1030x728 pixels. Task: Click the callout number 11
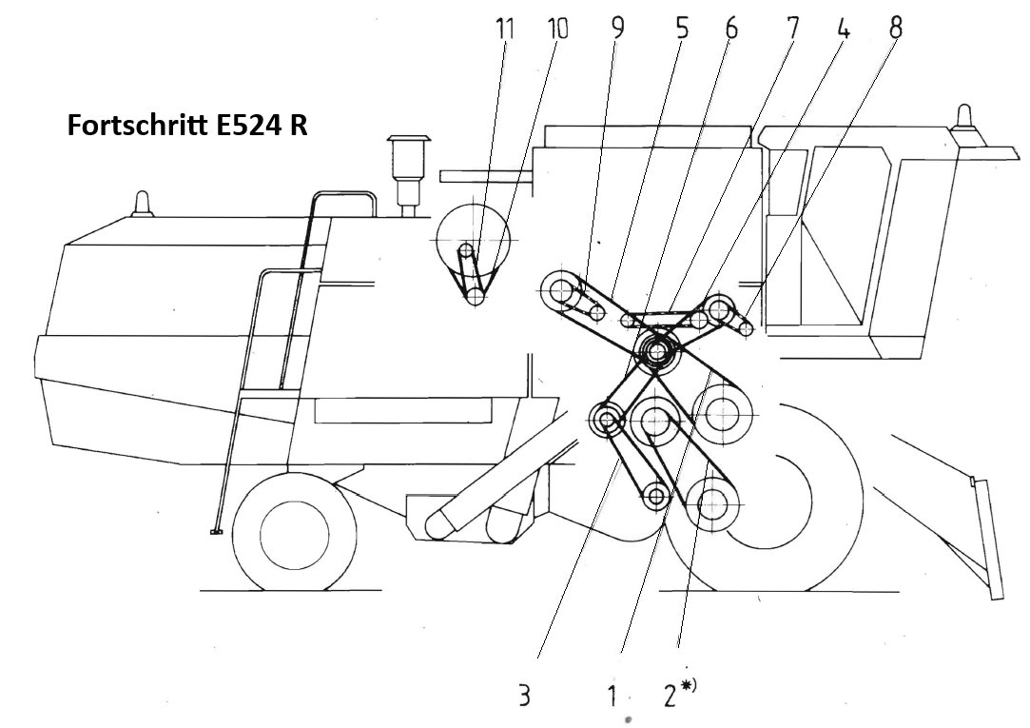coord(504,29)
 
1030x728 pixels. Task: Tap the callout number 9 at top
coord(617,29)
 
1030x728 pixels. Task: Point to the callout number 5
coord(681,29)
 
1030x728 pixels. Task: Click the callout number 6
coord(731,29)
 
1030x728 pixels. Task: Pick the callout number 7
coord(792,29)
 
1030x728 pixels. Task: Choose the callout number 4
coord(844,29)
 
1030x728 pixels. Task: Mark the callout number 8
coord(895,28)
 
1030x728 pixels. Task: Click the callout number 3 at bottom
coord(523,695)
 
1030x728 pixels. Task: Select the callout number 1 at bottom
coord(612,695)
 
